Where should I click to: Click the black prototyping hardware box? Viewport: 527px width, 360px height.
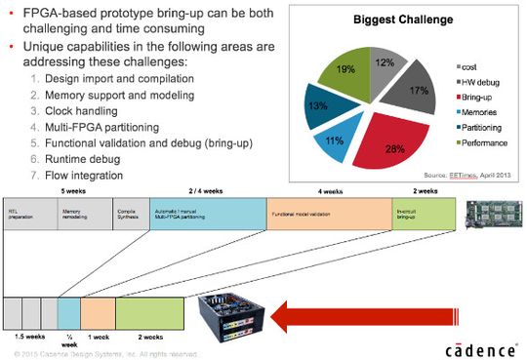234,317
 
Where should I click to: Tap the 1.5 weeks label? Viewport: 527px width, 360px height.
27,335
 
